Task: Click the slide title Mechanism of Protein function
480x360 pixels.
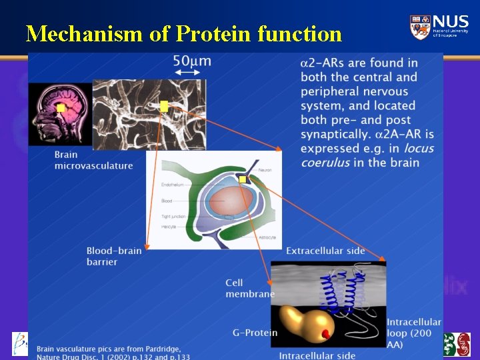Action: [183, 33]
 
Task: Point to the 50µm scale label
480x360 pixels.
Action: [192, 61]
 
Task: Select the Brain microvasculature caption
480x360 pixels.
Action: [93, 161]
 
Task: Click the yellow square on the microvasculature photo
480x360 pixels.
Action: [164, 106]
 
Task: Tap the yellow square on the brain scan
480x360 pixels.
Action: [61, 108]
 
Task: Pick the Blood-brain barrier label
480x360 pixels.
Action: [113, 256]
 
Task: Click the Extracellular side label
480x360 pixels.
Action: [325, 251]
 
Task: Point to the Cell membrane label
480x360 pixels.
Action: [249, 289]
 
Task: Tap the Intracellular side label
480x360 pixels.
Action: [317, 355]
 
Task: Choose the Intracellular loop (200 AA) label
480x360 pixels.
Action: [413, 333]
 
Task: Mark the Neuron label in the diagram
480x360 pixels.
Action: [265, 171]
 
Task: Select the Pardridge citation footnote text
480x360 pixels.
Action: [113, 352]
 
